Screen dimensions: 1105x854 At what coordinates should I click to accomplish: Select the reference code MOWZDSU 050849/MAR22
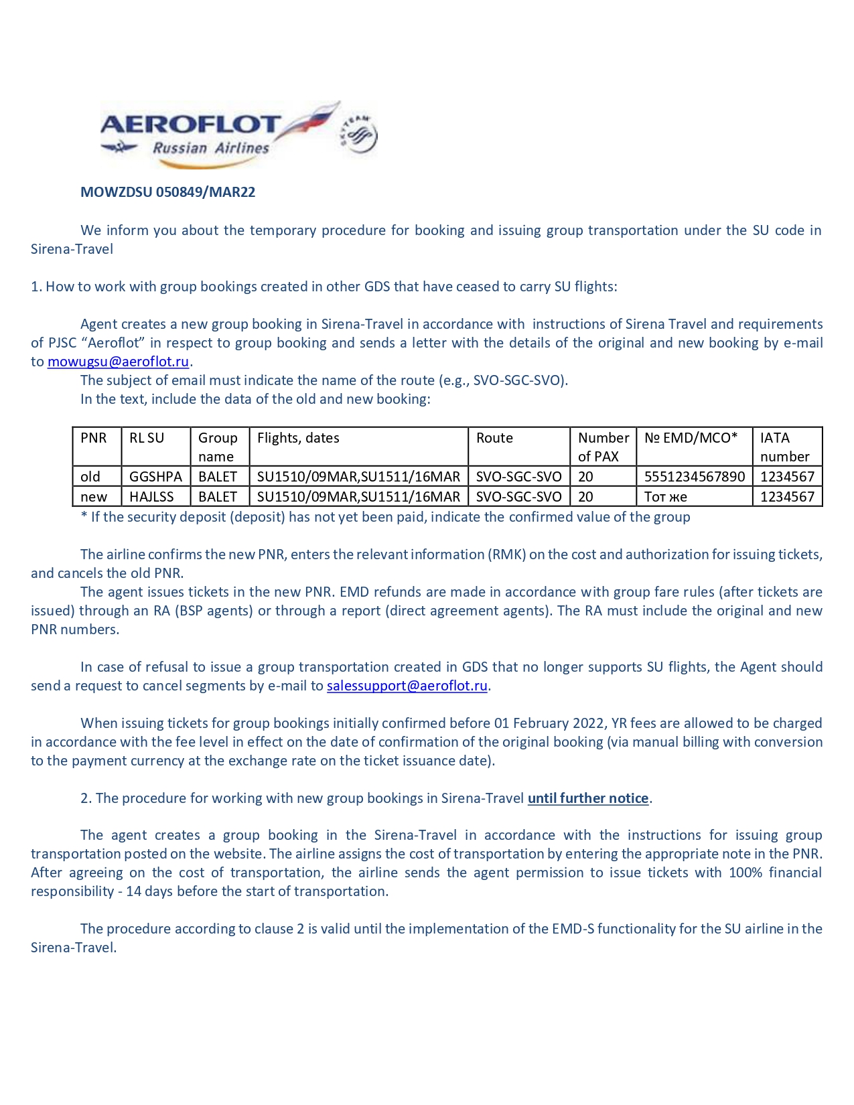[167, 192]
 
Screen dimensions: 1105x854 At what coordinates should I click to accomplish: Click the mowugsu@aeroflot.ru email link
[118, 362]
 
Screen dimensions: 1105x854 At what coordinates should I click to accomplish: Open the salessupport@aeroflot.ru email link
[407, 686]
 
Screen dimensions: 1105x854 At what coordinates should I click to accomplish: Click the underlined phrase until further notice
[588, 798]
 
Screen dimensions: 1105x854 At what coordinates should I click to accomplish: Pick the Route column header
[494, 438]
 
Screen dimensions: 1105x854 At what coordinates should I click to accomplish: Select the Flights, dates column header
[298, 438]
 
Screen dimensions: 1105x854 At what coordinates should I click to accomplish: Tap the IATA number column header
[784, 447]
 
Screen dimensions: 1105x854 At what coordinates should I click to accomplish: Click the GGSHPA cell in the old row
[155, 477]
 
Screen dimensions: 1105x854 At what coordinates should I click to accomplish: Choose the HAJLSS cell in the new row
[151, 497]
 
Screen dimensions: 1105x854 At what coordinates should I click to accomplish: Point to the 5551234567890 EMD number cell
[694, 477]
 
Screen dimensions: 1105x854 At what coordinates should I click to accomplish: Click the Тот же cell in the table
[665, 497]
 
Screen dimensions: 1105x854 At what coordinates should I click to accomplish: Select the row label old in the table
[90, 477]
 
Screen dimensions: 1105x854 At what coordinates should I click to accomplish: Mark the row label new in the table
[94, 497]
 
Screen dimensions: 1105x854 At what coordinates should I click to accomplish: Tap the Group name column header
[218, 447]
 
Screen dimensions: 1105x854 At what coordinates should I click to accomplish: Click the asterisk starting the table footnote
[84, 516]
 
